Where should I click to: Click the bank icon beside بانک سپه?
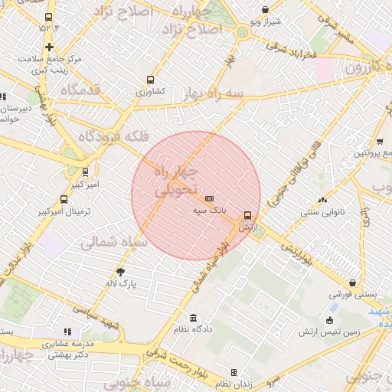click(209, 198)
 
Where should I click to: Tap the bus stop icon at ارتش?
click(247, 216)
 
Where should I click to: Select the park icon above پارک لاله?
click(120, 272)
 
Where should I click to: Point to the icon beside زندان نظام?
click(234, 372)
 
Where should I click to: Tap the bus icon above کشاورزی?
click(150, 80)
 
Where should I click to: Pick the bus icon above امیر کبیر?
click(85, 172)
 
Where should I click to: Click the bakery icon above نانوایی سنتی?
click(322, 200)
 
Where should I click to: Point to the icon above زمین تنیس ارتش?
click(330, 320)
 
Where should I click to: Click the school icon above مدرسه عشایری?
click(67, 332)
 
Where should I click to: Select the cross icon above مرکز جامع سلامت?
click(49, 47)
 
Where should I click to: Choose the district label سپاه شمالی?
click(107, 243)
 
